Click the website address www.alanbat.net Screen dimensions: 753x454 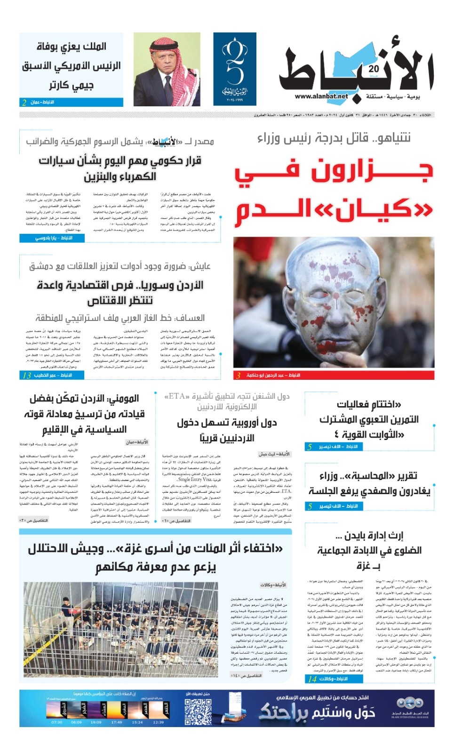point(321,96)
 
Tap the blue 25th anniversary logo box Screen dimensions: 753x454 point(234,69)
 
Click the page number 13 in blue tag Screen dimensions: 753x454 point(27,375)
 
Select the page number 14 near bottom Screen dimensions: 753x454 point(312,679)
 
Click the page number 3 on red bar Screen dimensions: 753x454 point(238,375)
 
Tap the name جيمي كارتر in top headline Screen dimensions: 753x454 point(71,85)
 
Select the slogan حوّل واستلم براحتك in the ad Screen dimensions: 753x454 point(318,713)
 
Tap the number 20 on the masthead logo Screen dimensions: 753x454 point(374,69)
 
